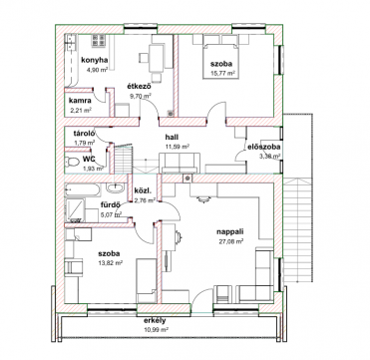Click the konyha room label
click(95, 60)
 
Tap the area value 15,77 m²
click(223, 74)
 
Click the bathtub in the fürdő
click(82, 190)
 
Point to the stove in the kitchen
click(99, 41)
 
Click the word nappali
click(229, 232)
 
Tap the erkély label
click(155, 321)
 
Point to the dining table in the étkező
click(156, 59)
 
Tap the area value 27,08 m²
click(230, 241)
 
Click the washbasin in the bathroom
click(116, 187)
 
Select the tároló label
click(85, 134)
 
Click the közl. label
click(143, 190)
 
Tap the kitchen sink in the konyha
click(71, 42)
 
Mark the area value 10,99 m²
click(156, 330)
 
